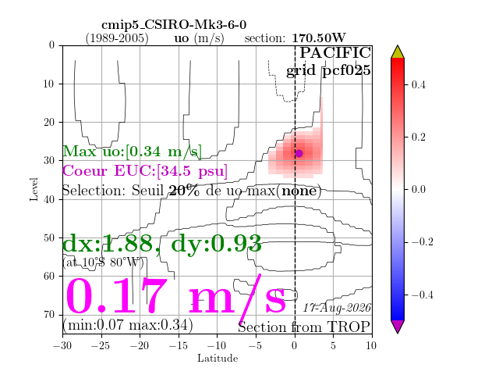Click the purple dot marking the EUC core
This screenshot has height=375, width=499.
point(299,154)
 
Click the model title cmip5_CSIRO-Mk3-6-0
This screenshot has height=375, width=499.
point(174,25)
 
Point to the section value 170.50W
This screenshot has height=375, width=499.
point(319,38)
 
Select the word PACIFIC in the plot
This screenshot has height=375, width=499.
point(335,52)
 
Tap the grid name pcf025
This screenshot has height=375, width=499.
point(346,70)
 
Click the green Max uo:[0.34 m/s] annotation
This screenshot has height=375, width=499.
point(132,151)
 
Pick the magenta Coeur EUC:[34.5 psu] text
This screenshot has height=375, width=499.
point(145,171)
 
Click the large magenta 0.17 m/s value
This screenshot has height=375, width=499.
point(175,297)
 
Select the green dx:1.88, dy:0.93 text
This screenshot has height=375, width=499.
point(162,244)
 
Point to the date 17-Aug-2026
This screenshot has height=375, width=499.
point(337,308)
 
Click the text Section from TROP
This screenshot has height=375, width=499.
point(304,327)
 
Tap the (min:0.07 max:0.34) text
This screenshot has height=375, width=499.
point(128,325)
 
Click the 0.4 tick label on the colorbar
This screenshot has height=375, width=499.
point(418,85)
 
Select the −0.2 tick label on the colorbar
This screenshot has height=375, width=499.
point(423,241)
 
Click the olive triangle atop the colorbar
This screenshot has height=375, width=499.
point(398,52)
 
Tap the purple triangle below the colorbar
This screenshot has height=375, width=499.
point(398,327)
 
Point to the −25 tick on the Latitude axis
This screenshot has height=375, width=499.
point(101,345)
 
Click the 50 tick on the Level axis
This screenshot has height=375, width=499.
point(49,237)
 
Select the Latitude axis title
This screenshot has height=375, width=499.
point(218,359)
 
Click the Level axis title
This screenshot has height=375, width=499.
point(34,189)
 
